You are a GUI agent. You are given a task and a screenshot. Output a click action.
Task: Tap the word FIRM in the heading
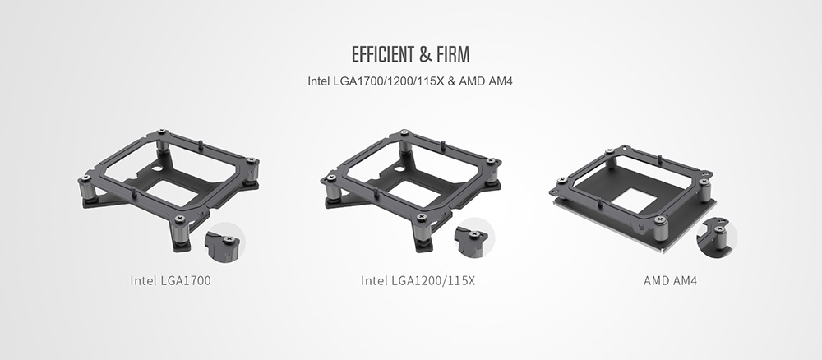(453, 54)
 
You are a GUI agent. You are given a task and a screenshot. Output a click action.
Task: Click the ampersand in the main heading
(425, 54)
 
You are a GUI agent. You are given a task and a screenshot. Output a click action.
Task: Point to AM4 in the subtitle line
(501, 81)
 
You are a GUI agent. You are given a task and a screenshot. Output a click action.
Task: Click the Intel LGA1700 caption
(170, 280)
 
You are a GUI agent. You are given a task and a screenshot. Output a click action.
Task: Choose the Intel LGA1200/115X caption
(418, 280)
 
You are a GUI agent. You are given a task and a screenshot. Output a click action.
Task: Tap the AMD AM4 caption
(670, 280)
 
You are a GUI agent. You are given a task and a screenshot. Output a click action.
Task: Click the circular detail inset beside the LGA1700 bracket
(225, 242)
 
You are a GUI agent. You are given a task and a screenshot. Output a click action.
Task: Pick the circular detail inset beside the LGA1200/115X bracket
(474, 238)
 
